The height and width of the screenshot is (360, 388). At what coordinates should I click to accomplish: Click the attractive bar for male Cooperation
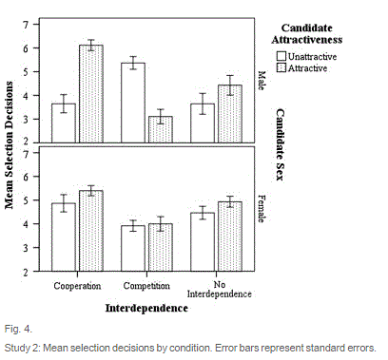coord(91,94)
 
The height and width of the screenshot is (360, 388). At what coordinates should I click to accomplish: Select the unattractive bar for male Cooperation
coord(64,123)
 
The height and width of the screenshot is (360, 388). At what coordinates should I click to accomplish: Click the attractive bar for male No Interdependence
coord(229,114)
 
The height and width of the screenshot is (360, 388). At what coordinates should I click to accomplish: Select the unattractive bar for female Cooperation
coord(64,237)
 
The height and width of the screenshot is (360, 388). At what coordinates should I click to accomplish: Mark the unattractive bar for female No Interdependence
coord(203,241)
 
